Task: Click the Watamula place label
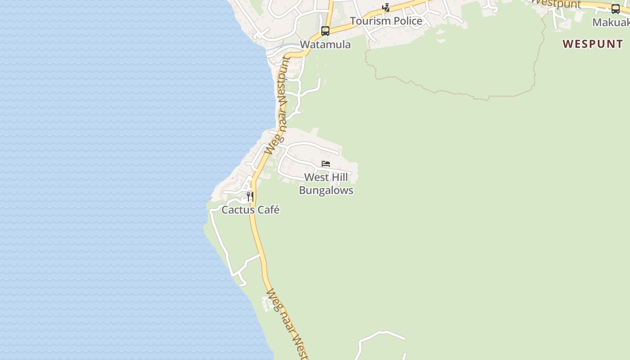click(325, 45)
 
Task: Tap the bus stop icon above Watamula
click(325, 31)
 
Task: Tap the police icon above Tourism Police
click(386, 7)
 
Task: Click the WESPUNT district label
click(593, 44)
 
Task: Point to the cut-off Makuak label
click(611, 22)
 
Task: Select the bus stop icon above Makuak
click(615, 9)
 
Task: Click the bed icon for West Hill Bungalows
click(326, 164)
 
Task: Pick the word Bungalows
click(326, 190)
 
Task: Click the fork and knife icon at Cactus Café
click(250, 197)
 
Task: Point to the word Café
click(268, 210)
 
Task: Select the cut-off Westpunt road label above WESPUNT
click(556, 4)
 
